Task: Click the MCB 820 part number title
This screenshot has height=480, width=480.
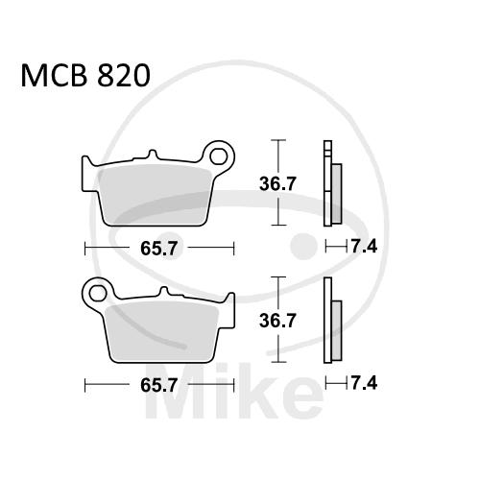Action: pyautogui.click(x=85, y=76)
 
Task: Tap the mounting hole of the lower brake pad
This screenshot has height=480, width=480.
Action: pyautogui.click(x=98, y=293)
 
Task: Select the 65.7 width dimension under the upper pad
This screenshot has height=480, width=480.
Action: pyautogui.click(x=158, y=249)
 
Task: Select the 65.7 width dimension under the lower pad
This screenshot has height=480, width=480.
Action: pyautogui.click(x=158, y=385)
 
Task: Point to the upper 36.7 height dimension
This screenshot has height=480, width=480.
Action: pyautogui.click(x=277, y=184)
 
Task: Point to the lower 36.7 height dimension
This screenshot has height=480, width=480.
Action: pyautogui.click(x=277, y=321)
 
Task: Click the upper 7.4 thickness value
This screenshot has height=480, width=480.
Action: pyautogui.click(x=364, y=247)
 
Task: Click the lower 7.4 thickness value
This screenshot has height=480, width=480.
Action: pyautogui.click(x=364, y=383)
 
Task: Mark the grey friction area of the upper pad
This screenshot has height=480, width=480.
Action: pyautogui.click(x=156, y=195)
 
